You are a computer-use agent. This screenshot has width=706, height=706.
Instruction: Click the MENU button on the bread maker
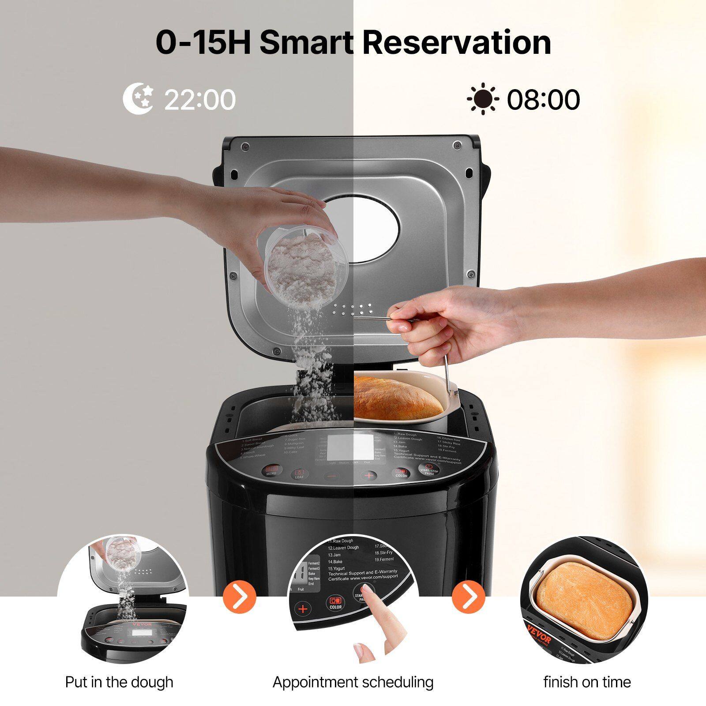[271, 470]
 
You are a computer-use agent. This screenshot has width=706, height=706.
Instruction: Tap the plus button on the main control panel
[369, 476]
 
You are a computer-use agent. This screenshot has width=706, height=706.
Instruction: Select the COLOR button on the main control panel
[401, 473]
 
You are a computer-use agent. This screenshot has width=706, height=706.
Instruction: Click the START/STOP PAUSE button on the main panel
[429, 469]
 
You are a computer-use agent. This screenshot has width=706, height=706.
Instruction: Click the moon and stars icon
[138, 99]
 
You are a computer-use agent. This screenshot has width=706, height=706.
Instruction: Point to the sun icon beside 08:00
[483, 99]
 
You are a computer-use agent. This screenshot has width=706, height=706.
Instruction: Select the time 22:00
[200, 100]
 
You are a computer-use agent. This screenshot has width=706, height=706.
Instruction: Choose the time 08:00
[543, 100]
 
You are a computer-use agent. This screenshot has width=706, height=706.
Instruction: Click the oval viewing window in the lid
[362, 229]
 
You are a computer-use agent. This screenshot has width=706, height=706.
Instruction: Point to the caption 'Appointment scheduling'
[353, 682]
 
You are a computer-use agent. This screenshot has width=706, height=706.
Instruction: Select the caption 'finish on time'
[587, 682]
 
